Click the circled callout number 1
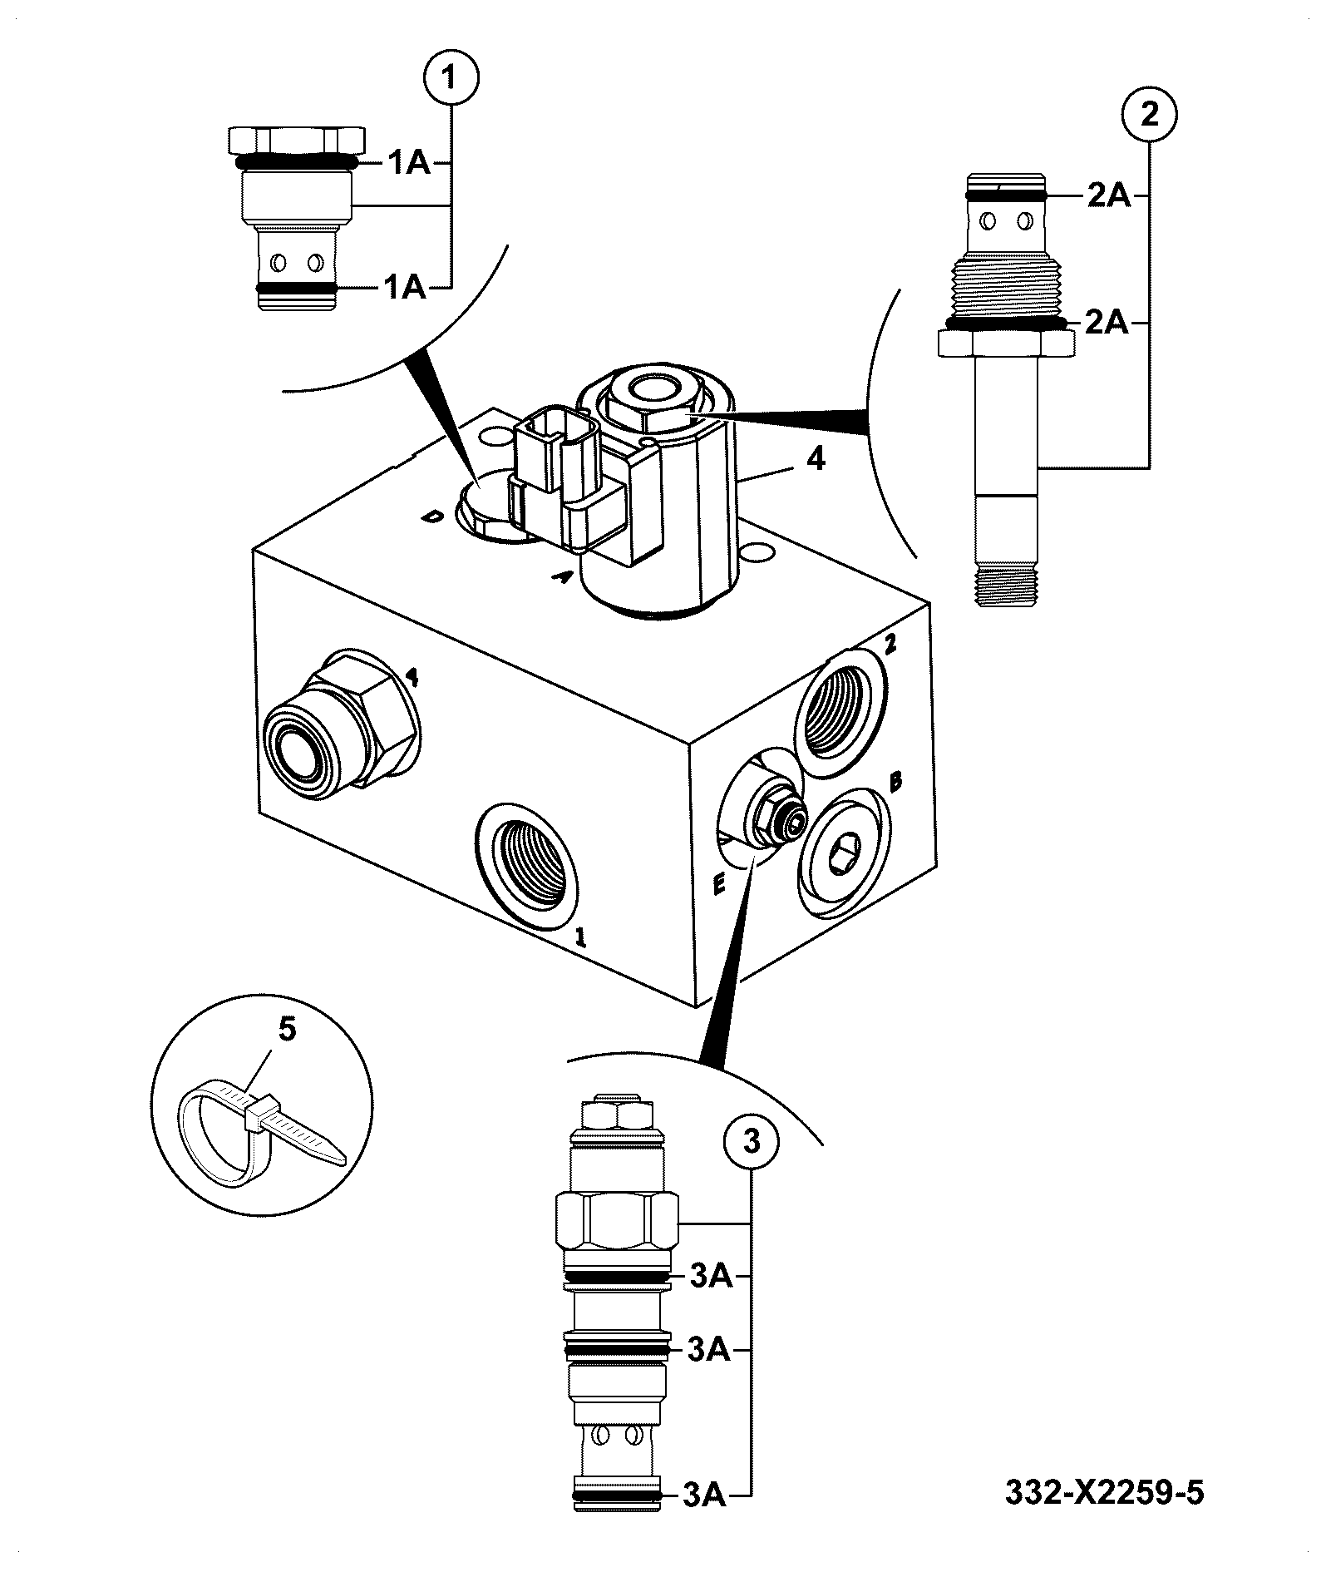(451, 79)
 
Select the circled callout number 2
(1150, 114)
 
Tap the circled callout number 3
(752, 1141)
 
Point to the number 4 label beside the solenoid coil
(816, 457)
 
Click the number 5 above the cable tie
(286, 1029)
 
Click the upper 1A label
(407, 163)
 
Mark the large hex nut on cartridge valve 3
(616, 1219)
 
